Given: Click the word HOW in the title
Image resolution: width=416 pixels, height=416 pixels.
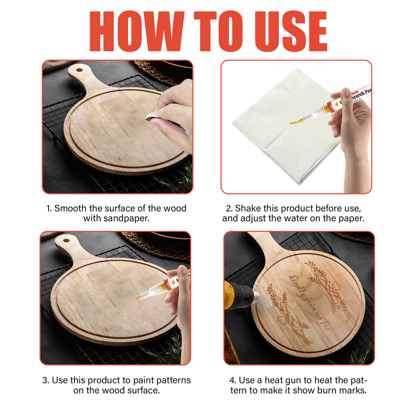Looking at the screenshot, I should tap(136, 32).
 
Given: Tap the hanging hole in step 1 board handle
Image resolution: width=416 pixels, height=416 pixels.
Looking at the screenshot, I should tap(79, 70).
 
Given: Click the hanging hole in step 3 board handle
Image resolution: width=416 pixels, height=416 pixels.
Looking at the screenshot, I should tap(66, 240).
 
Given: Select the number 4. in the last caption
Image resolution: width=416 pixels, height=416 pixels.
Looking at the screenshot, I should tap(233, 380).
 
